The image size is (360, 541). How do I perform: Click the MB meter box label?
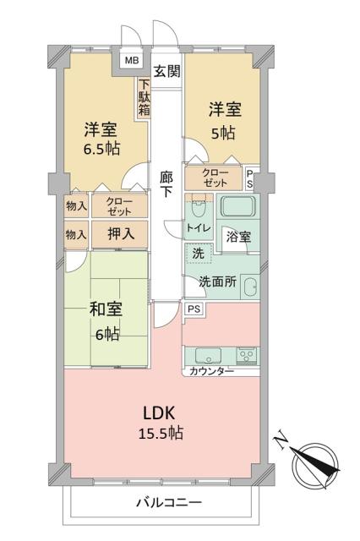click(131, 61)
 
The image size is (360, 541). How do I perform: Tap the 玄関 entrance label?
click(166, 70)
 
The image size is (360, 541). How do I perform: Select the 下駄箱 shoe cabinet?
click(145, 96)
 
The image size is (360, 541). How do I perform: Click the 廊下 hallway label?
click(166, 185)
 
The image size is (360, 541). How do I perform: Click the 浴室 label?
click(239, 238)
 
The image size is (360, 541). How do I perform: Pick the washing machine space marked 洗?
click(197, 253)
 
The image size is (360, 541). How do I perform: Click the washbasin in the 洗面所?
click(248, 287)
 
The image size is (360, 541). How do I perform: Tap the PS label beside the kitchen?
click(194, 309)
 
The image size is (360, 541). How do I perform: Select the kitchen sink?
click(208, 355)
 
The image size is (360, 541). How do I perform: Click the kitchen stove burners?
click(246, 355)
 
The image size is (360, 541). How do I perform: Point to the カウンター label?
click(211, 372)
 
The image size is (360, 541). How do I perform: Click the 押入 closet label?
click(117, 232)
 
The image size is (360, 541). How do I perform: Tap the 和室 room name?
click(105, 309)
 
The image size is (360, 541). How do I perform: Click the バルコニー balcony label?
click(169, 503)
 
